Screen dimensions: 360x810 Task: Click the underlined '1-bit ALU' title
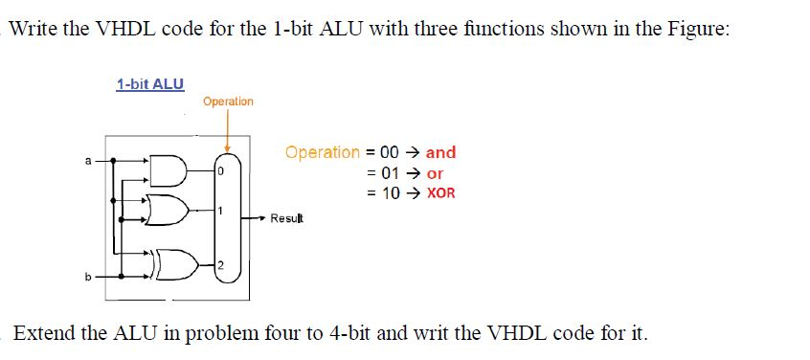click(149, 84)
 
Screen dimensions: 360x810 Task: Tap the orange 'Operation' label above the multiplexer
click(228, 101)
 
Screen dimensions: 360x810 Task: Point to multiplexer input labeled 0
click(219, 172)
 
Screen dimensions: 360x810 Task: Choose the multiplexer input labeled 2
click(219, 264)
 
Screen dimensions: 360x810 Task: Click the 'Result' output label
click(286, 219)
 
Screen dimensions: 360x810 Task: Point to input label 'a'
click(89, 161)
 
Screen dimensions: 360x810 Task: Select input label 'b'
click(89, 278)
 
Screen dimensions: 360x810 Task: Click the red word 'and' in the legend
click(440, 152)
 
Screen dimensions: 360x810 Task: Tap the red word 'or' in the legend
click(435, 173)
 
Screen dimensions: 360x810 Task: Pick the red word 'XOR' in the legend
click(440, 193)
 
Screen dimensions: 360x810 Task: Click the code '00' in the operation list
click(389, 152)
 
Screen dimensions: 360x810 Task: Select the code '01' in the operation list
click(389, 173)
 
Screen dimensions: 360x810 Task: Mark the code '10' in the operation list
click(389, 193)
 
